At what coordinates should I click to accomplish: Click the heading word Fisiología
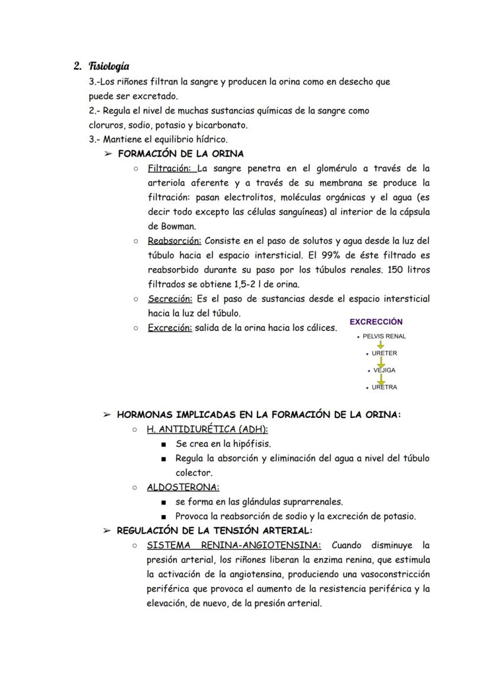pyautogui.click(x=109, y=66)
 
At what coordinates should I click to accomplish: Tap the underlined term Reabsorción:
pyautogui.click(x=175, y=241)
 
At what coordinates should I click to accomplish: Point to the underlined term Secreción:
pyautogui.click(x=170, y=299)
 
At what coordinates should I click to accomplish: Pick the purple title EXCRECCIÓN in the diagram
pyautogui.click(x=376, y=322)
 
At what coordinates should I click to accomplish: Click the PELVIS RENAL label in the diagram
pyautogui.click(x=384, y=336)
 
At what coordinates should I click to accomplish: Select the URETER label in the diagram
pyautogui.click(x=384, y=353)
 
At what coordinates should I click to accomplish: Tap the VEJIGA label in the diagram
pyautogui.click(x=384, y=371)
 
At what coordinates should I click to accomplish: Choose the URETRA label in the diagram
pyautogui.click(x=384, y=388)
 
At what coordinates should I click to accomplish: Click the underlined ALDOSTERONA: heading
pyautogui.click(x=183, y=487)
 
